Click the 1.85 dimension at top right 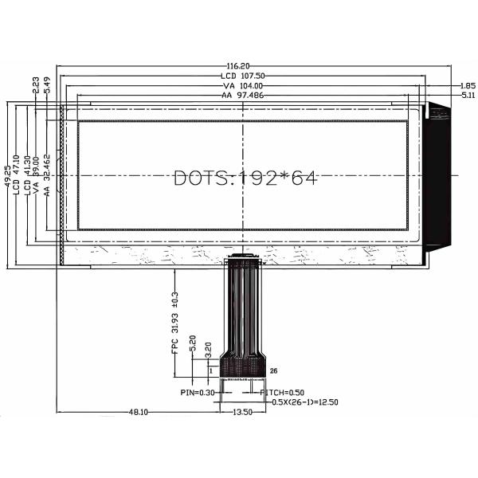468,85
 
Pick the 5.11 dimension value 468,95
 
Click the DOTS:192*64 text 245,178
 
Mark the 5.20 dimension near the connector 193,345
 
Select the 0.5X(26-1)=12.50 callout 305,402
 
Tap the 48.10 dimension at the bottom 138,413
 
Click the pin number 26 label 273,370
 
